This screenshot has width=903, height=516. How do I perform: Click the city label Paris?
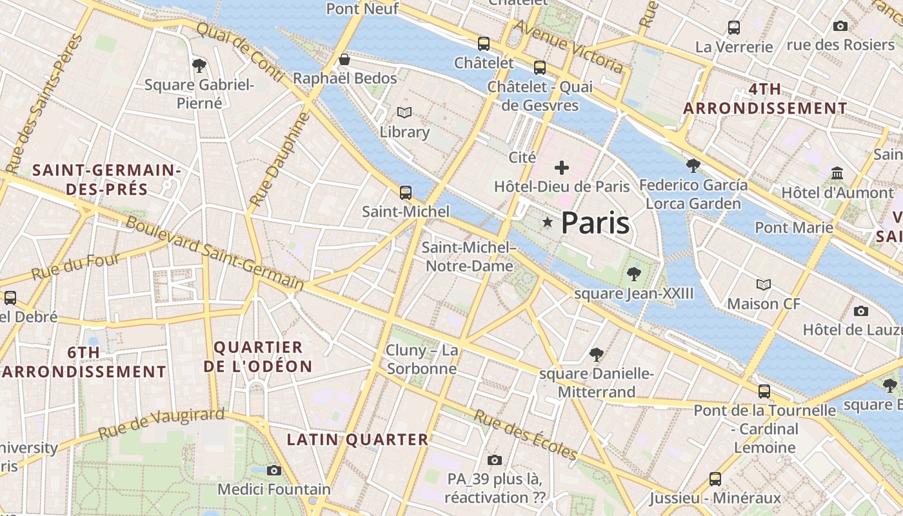coord(595,223)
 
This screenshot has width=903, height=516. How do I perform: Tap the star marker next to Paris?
coord(548,223)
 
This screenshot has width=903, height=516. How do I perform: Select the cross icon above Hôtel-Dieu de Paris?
coord(562,168)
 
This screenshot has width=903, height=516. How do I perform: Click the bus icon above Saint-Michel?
coord(406,192)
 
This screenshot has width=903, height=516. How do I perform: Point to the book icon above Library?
coord(404,113)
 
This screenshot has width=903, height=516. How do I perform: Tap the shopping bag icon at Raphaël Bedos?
coord(344,59)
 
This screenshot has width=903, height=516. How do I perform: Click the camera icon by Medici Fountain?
coord(274,470)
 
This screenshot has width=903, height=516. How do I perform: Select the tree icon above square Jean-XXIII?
coord(633,274)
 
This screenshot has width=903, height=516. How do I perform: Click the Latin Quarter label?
coord(357,440)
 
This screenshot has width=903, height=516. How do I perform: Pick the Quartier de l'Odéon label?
coord(258,357)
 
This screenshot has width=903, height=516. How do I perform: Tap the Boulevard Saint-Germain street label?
coord(214,253)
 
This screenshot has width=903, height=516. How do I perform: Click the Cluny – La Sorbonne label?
coord(422,359)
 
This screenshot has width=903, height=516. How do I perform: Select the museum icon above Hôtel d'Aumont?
coord(838,173)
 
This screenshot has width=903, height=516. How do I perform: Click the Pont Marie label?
coord(794,227)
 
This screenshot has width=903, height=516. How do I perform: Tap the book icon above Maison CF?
coord(764,284)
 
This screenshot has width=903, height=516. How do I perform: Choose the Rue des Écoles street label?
coord(526,435)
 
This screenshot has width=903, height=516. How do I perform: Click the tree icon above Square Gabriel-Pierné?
coord(199,64)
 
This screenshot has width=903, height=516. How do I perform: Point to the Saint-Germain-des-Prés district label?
coord(106,179)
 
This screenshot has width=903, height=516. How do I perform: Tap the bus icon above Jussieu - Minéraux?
coord(715,479)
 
